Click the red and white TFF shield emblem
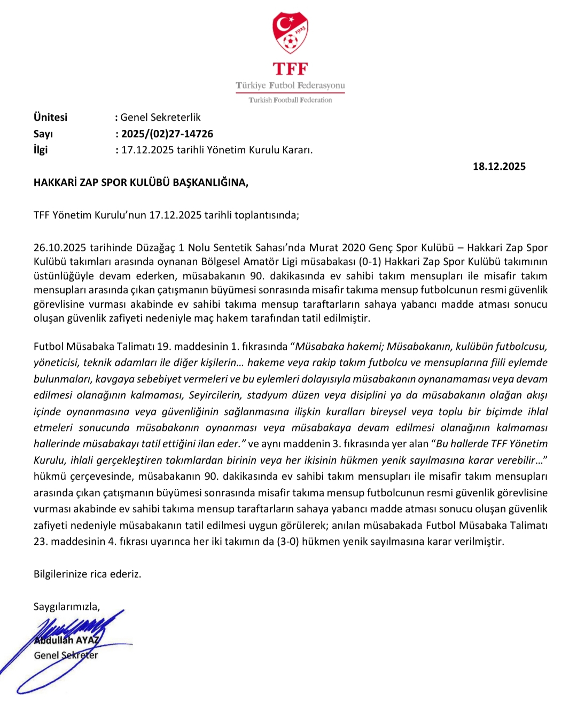coord(290,33)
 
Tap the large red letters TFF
coord(290,69)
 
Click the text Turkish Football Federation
coord(290,100)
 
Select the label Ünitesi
coord(51,117)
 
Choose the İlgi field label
coord(41,150)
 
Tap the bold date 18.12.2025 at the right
coord(499,166)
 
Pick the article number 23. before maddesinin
coord(41,541)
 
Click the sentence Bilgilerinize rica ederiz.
coord(88,574)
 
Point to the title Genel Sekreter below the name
coord(66,655)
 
